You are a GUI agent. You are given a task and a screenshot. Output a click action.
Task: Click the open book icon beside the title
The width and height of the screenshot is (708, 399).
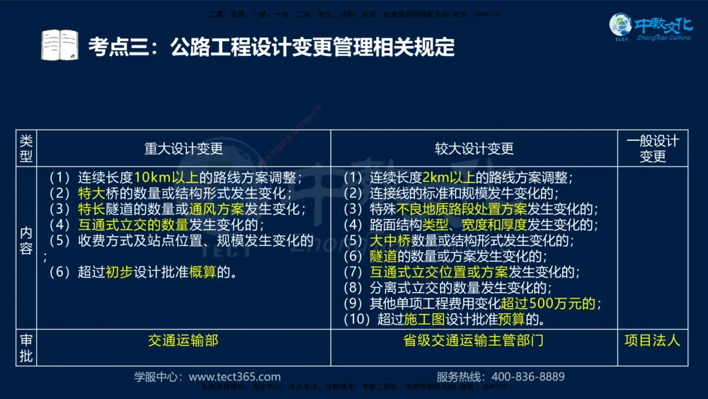click(x=59, y=45)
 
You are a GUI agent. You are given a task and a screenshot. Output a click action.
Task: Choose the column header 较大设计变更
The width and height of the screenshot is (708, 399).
click(x=474, y=148)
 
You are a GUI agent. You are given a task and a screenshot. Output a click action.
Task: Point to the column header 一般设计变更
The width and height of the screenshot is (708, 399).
click(x=652, y=148)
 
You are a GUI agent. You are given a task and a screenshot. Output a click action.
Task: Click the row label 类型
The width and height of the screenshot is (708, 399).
click(x=26, y=148)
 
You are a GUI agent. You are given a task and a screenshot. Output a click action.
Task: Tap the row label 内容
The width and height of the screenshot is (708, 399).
click(x=26, y=240)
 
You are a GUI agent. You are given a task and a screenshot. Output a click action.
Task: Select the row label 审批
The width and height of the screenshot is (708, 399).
click(x=26, y=348)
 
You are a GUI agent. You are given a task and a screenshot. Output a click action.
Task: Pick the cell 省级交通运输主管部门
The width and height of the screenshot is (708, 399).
click(x=474, y=340)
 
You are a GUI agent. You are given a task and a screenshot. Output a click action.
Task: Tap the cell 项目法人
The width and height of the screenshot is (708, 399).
click(x=652, y=340)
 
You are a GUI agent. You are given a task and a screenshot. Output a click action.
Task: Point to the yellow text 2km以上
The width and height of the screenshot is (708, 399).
click(x=449, y=178)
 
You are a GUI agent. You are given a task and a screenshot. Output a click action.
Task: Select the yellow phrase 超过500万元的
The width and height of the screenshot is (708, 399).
click(x=551, y=304)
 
